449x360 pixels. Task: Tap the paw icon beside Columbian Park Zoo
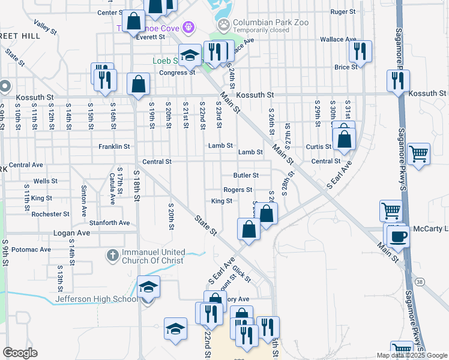[224, 25]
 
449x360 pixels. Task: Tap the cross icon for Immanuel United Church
[112, 256]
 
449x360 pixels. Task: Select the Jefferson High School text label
[96, 299]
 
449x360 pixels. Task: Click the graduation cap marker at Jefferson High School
[148, 287]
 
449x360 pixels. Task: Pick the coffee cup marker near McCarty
[397, 235]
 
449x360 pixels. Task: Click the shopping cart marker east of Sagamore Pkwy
[418, 153]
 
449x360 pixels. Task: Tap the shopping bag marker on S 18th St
[139, 84]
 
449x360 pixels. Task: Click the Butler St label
[246, 176]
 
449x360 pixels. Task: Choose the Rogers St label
[238, 190]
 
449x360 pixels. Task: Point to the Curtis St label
[319, 147]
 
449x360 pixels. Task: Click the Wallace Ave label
[338, 40]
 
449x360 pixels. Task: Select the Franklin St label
[115, 146]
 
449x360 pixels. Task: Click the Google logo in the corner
[20, 353]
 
